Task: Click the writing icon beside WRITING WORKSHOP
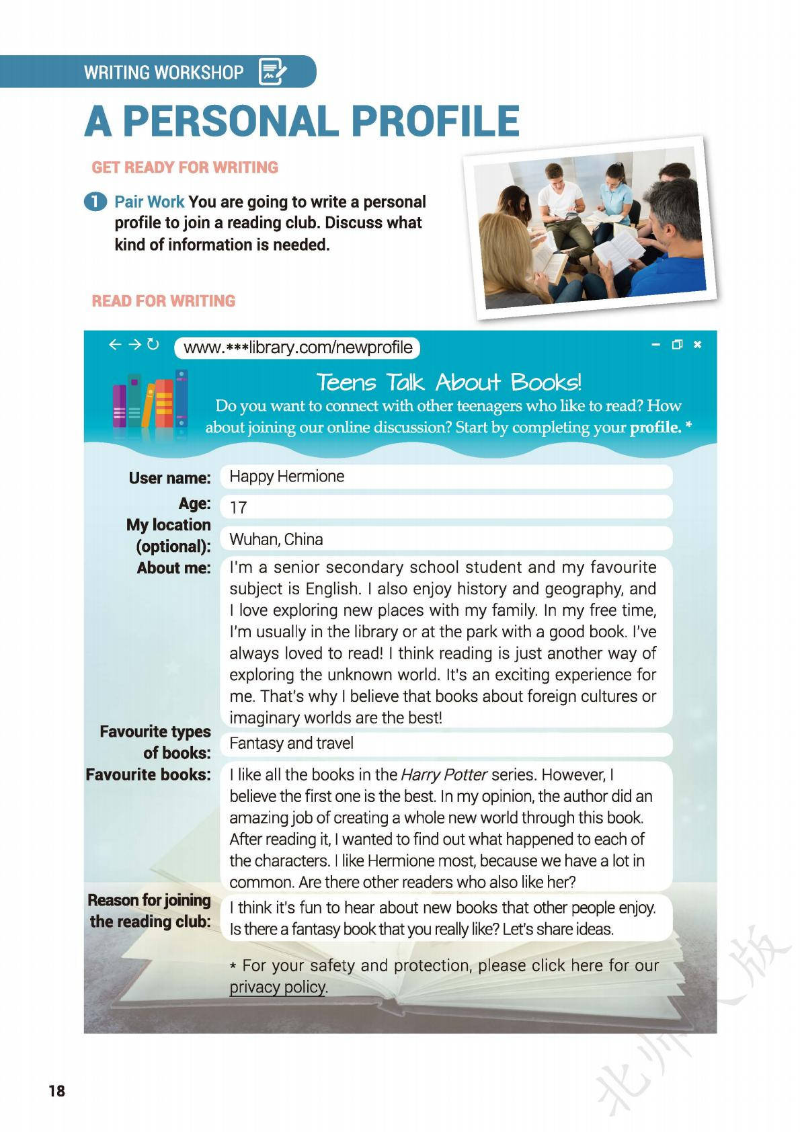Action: pyautogui.click(x=272, y=71)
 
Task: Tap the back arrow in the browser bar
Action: pyautogui.click(x=115, y=345)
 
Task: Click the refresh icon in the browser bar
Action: pyautogui.click(x=153, y=345)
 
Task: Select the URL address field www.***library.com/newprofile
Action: pyautogui.click(x=297, y=348)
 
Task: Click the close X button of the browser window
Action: pyautogui.click(x=697, y=345)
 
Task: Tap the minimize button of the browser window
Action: pyautogui.click(x=656, y=345)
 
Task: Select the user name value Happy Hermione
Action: pyautogui.click(x=287, y=477)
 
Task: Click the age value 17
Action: pyautogui.click(x=239, y=508)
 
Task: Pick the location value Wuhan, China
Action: pyautogui.click(x=276, y=539)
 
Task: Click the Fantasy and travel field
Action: pyautogui.click(x=291, y=743)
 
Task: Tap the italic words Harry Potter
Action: pyautogui.click(x=444, y=775)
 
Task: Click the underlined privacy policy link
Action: pyautogui.click(x=278, y=987)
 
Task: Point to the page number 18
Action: pyautogui.click(x=57, y=1090)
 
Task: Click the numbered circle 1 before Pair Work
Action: pyautogui.click(x=95, y=202)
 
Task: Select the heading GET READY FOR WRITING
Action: pyautogui.click(x=185, y=167)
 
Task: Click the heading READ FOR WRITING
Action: pyautogui.click(x=163, y=301)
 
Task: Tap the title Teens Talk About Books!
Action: pyautogui.click(x=448, y=382)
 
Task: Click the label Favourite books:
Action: pyautogui.click(x=149, y=775)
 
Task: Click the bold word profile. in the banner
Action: pyautogui.click(x=655, y=428)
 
